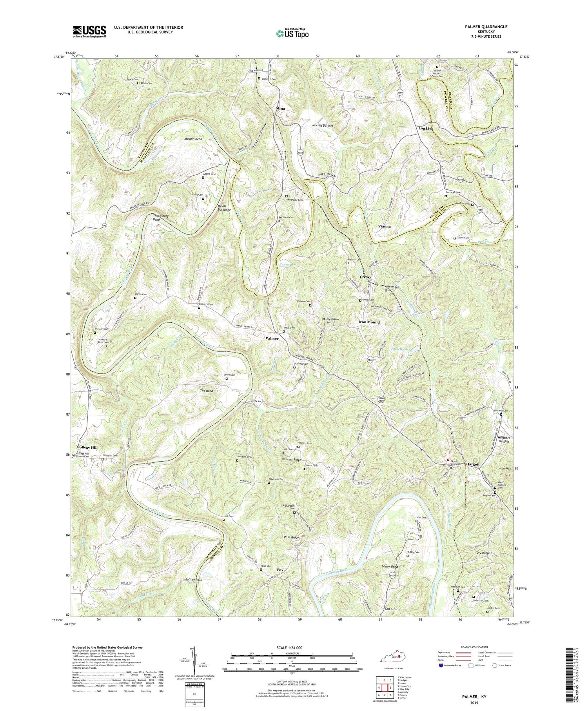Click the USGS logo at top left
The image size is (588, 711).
[x=89, y=31]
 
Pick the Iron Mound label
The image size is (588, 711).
[x=369, y=322]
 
